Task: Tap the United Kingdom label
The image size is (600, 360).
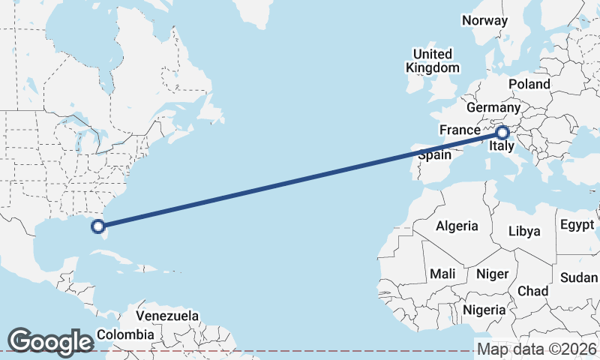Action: pos(433,61)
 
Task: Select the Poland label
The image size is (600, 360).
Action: pos(529,84)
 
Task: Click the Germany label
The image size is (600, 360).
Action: pos(493,108)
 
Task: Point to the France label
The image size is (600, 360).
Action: pos(459,130)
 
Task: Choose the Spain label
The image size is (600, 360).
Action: pos(434,155)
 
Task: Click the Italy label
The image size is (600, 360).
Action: pos(501,148)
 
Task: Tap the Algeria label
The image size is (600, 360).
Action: pos(457,226)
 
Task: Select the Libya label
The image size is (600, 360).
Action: pos(524,231)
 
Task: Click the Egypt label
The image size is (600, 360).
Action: pos(577,225)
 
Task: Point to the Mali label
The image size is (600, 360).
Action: pos(442,274)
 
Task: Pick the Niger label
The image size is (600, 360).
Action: pos(492,274)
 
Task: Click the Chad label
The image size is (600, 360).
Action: pos(532,291)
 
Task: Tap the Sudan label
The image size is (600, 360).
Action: pos(579,277)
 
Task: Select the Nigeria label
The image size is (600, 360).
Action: pos(484,309)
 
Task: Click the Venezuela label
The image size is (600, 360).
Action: pos(168,316)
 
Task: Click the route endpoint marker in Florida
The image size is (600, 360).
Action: pos(97,225)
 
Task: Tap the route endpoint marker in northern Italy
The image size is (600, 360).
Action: pos(502,133)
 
